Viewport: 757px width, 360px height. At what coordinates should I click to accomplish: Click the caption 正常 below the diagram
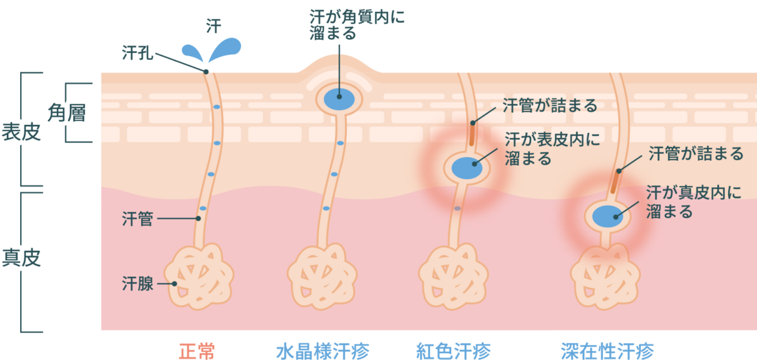197,351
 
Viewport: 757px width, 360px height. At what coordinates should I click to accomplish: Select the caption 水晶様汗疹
323,351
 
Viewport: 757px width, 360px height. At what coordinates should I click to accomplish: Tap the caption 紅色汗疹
454,351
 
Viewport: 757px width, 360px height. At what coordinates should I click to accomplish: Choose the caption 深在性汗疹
607,351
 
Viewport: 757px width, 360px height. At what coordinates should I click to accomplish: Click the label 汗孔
138,53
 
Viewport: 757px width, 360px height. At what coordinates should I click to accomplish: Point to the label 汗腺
138,283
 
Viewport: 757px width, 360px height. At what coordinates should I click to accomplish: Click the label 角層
67,112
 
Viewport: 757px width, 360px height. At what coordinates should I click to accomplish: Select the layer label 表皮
21,132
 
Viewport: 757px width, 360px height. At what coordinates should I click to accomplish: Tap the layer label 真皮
21,258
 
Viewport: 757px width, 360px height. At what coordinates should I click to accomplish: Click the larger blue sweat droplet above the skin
225,49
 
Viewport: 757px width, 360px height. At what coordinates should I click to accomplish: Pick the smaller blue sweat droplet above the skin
192,53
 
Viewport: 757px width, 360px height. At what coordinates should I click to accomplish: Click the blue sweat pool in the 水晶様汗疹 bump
339,99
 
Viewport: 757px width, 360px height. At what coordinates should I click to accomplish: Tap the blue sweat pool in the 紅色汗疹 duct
467,168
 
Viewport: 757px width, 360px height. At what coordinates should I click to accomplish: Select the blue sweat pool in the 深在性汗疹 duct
607,216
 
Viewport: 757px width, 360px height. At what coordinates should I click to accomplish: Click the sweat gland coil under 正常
199,276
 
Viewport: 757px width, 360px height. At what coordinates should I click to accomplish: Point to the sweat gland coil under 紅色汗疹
453,276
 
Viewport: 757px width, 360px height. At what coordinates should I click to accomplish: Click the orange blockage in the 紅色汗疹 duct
472,134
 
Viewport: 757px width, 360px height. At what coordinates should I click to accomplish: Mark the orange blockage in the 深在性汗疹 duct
615,181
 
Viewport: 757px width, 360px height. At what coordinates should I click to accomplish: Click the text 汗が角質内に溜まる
357,25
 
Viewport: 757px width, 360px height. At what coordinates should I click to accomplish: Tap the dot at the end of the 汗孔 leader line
206,72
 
